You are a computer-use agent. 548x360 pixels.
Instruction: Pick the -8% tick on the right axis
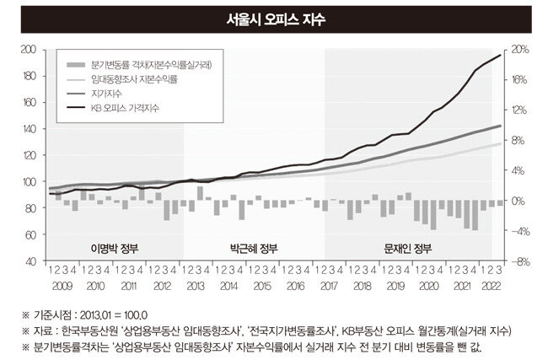519,261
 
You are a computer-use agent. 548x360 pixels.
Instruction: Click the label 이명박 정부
112,248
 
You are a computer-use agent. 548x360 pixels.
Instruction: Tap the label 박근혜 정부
252,248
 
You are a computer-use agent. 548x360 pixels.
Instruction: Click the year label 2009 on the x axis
62,286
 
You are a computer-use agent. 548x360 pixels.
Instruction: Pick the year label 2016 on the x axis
295,286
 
